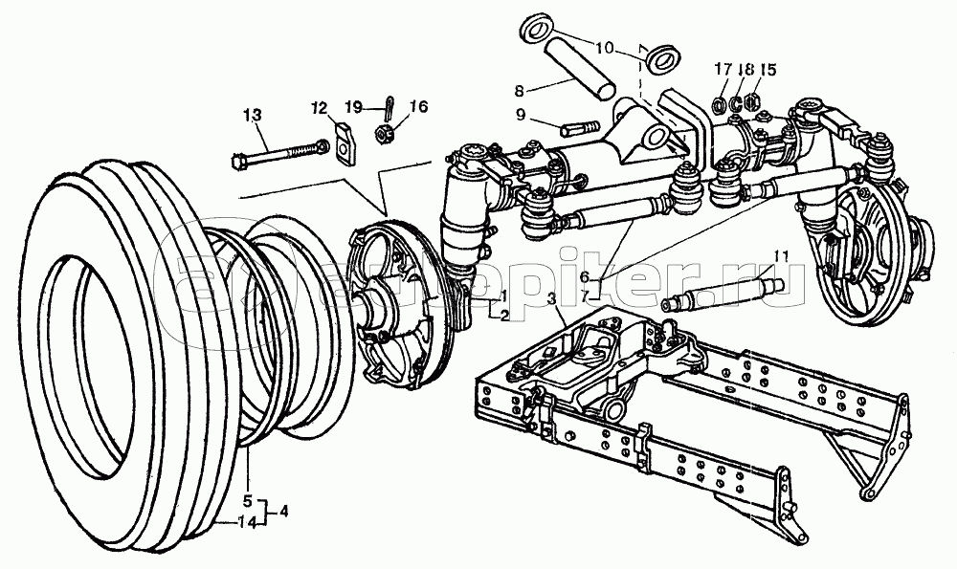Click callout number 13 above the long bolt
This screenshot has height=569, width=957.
point(251,116)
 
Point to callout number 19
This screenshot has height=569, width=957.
point(352,106)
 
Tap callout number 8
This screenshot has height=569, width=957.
point(520,91)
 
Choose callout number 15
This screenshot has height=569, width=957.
point(768,70)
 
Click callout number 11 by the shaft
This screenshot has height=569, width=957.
point(782,256)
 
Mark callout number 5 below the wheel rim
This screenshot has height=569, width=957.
point(246,498)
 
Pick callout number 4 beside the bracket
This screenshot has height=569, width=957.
point(282,511)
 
